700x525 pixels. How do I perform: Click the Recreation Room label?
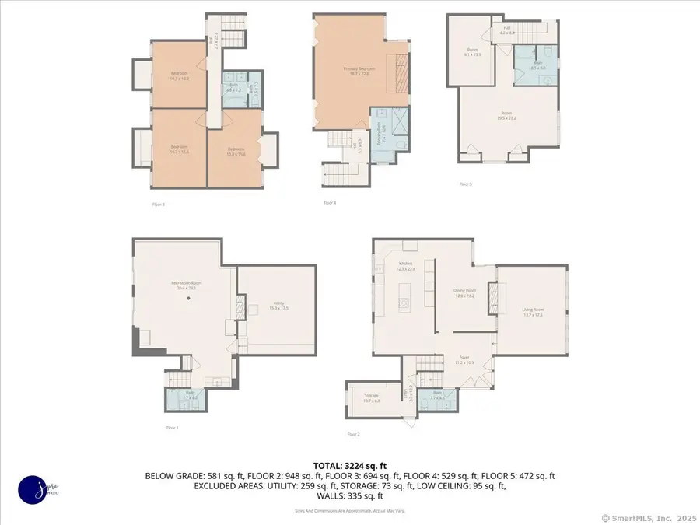pyautogui.click(x=183, y=285)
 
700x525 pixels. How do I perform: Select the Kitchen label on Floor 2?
pyautogui.click(x=406, y=266)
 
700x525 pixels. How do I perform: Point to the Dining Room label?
pyautogui.click(x=464, y=293)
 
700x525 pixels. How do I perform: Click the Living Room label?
pyautogui.click(x=533, y=311)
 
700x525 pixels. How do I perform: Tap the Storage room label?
pyautogui.click(x=371, y=398)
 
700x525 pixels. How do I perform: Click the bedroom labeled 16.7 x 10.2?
pyautogui.click(x=180, y=75)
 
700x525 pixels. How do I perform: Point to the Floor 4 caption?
pyautogui.click(x=330, y=202)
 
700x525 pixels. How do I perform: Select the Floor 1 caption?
pyautogui.click(x=172, y=428)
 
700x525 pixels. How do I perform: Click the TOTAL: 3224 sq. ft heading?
pyautogui.click(x=350, y=464)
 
